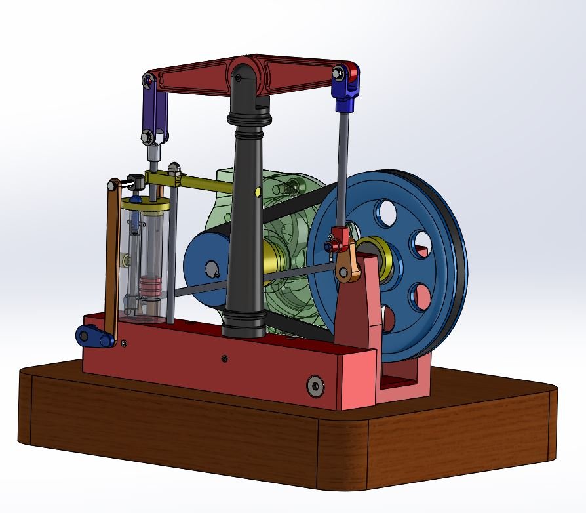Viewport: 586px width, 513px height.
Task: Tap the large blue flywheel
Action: point(433,216)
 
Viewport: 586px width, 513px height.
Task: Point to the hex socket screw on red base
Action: point(315,387)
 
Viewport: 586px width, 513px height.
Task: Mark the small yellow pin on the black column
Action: point(257,192)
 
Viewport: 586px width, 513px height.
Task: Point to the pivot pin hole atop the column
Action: point(239,77)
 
